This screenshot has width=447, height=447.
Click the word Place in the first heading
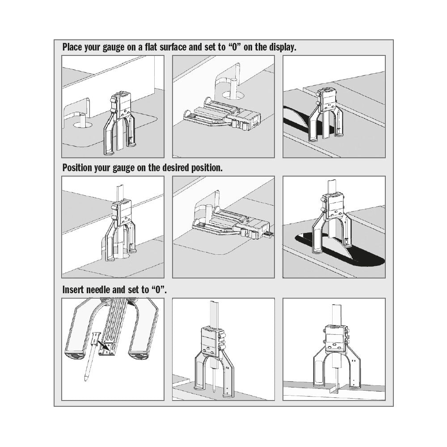[x=73, y=47]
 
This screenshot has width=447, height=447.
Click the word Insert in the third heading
[x=74, y=289]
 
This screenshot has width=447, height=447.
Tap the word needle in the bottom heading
[x=100, y=289]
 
